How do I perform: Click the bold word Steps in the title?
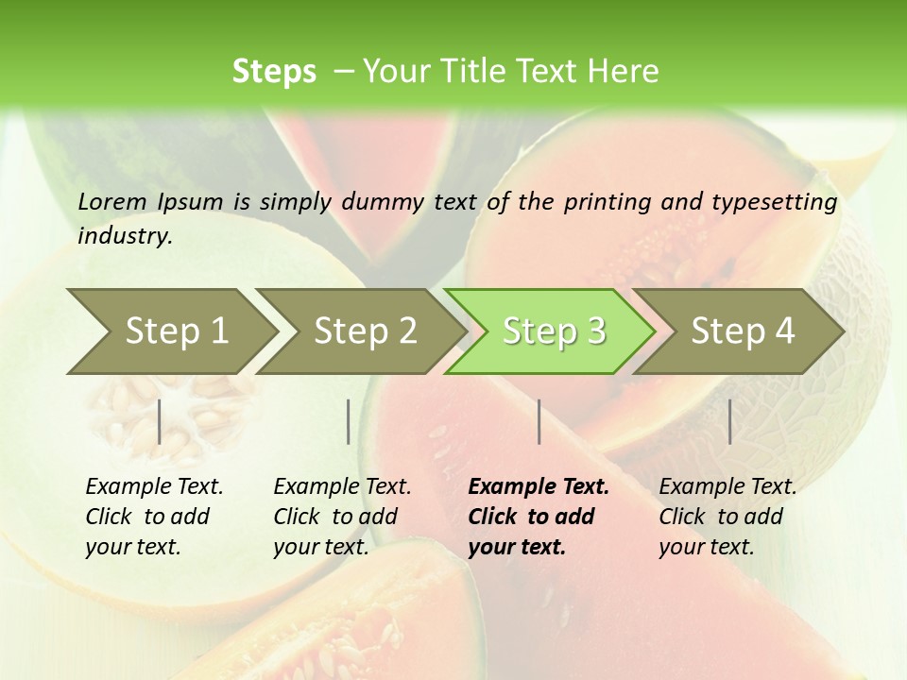pos(274,71)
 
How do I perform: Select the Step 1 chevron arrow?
pos(170,331)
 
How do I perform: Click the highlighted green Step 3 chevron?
pos(551,331)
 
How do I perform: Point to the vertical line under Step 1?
pos(160,421)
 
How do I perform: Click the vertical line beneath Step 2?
pos(349,421)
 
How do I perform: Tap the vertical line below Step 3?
pos(539,421)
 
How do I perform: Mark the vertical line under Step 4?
pos(730,421)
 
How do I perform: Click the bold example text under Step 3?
pos(538,517)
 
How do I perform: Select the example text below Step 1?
pos(154,517)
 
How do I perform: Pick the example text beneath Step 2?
pos(342,517)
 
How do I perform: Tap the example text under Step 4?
pos(727,517)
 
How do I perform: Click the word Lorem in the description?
pos(112,201)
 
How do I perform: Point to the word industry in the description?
pos(124,235)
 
